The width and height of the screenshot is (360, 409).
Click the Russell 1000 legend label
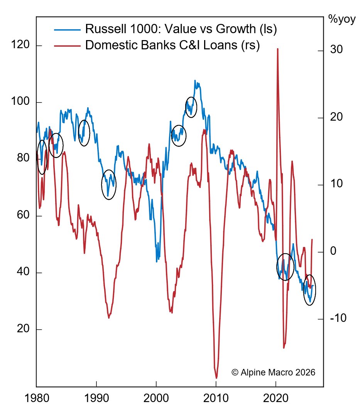click(181, 29)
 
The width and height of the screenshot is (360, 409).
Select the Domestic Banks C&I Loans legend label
click(172, 45)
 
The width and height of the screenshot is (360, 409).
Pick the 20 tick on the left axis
click(24, 330)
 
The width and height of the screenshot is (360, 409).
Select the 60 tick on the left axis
click(24, 216)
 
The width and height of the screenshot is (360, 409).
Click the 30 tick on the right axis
click(337, 50)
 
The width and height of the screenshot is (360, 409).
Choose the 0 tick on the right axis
click(334, 252)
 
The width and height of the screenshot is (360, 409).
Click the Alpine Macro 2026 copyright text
click(274, 372)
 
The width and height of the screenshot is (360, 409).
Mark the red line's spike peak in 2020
click(277, 49)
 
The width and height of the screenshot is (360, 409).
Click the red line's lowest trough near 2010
click(216, 377)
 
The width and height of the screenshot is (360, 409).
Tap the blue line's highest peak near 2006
click(195, 81)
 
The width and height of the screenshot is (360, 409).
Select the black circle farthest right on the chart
click(309, 290)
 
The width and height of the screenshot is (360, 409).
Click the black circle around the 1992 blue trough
click(109, 184)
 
